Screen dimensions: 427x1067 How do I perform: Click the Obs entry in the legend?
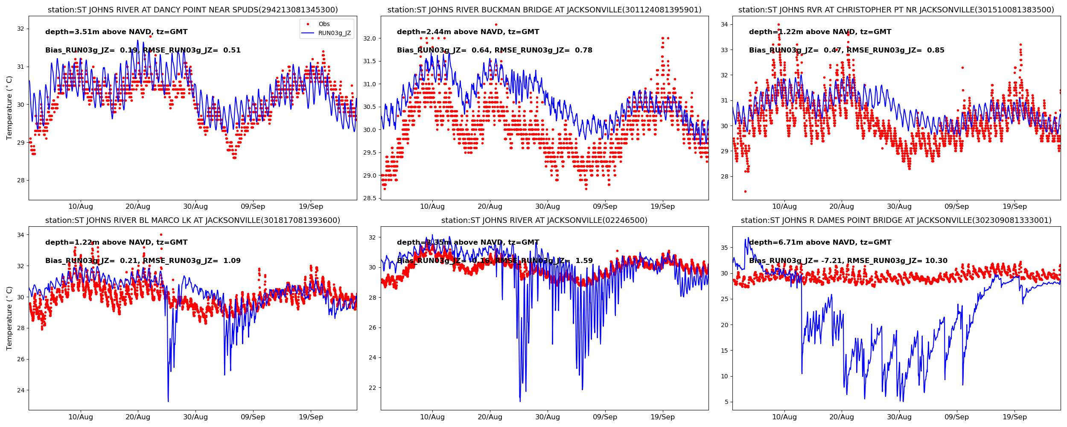coord(324,24)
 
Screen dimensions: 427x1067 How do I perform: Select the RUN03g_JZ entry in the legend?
coord(334,33)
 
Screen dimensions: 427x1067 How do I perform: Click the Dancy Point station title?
coord(192,10)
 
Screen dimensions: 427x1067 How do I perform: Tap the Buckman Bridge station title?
coord(544,10)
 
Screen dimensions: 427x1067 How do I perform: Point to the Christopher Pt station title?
coord(896,10)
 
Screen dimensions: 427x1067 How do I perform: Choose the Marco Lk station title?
coord(192,220)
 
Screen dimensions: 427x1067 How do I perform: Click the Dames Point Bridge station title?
coord(896,220)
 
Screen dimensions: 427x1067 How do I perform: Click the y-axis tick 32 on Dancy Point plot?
coord(20,29)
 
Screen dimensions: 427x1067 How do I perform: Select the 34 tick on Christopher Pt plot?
coord(724,25)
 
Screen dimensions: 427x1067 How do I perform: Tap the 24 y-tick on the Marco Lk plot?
coord(20,390)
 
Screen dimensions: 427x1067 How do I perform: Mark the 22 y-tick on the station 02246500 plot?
coord(372,388)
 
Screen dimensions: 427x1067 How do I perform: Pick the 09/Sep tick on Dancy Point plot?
coord(253,207)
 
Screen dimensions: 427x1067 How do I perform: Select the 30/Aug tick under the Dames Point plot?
coord(899,417)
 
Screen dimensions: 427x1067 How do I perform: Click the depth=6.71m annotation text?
coord(820,243)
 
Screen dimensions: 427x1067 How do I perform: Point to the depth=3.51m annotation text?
coord(116,32)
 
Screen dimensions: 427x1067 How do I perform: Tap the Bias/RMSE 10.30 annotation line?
coord(848,261)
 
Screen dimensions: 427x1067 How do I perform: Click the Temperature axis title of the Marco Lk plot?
coord(9,318)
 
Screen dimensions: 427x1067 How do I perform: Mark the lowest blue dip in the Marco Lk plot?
coord(168,401)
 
